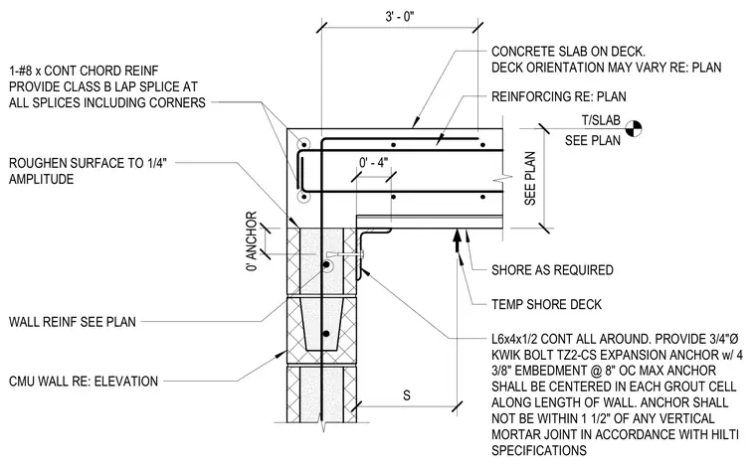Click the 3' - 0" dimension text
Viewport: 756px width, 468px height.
click(x=399, y=17)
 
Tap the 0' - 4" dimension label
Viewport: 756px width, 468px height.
click(x=374, y=163)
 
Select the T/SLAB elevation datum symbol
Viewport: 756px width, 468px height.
click(x=634, y=128)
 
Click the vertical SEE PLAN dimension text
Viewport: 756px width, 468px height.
click(x=530, y=178)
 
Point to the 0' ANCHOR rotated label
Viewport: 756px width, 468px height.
click(x=252, y=241)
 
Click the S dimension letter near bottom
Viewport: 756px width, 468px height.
click(x=407, y=395)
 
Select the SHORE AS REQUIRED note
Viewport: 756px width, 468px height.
click(x=552, y=270)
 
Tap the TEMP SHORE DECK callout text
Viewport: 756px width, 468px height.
click(x=546, y=304)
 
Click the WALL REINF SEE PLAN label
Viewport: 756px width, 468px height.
click(x=73, y=322)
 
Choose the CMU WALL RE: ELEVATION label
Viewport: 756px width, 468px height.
click(x=84, y=382)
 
